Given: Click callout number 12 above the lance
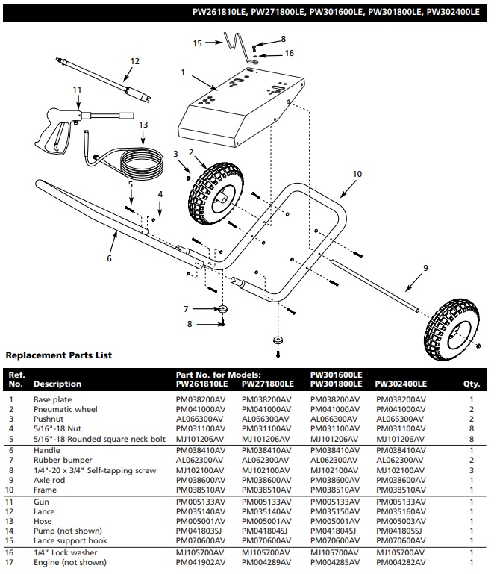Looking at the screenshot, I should (134, 62).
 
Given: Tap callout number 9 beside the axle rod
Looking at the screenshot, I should (425, 267).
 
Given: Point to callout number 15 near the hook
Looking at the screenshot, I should (198, 43).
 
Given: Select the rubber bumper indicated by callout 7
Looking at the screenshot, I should (222, 308).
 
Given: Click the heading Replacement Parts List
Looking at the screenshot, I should (58, 355).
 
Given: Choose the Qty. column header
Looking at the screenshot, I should (472, 384).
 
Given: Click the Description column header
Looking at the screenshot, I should (57, 384).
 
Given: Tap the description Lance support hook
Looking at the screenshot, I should (70, 540).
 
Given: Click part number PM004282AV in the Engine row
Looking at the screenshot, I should (400, 561).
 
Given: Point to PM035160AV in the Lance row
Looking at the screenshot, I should (400, 511).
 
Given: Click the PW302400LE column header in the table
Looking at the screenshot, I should (401, 384).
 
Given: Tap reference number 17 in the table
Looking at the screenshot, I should (12, 561).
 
